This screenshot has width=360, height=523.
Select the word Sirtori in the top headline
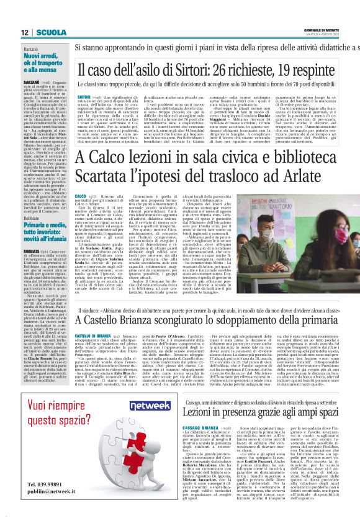coord(183,68)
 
